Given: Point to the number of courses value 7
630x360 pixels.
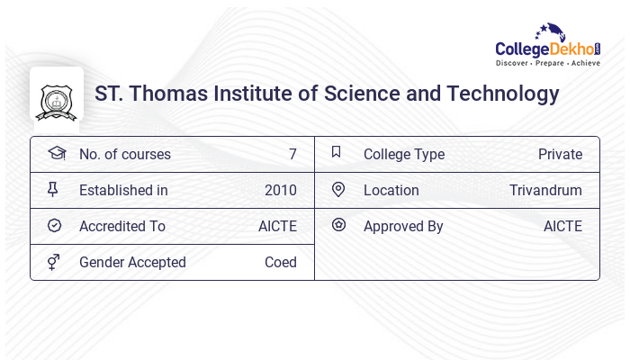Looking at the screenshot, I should [x=292, y=155].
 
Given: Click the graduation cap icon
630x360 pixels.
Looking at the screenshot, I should [x=56, y=153].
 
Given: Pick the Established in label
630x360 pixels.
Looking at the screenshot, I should [x=123, y=191].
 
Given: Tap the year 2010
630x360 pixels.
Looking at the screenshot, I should [x=280, y=191].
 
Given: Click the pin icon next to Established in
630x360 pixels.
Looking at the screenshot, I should [x=53, y=189].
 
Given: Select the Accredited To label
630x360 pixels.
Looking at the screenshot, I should [x=122, y=227].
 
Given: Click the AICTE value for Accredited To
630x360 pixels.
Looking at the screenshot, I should [x=277, y=227].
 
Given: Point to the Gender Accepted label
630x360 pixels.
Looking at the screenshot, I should [x=132, y=263].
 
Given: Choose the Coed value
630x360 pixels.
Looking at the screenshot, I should [x=280, y=263].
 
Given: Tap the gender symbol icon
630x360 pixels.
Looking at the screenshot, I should [x=53, y=262].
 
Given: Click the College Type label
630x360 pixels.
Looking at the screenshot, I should [x=404, y=155].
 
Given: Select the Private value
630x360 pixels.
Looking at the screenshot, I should [x=560, y=155].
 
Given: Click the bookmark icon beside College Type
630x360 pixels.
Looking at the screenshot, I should [x=336, y=152].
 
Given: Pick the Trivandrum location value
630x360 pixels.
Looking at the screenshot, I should [x=545, y=191].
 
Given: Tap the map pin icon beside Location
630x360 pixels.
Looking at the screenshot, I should [x=337, y=189].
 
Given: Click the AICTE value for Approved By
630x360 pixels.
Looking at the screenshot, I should [x=562, y=227].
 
